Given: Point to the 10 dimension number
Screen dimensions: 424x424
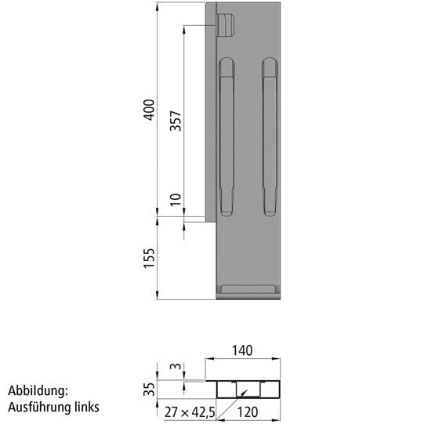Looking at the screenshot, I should (x=176, y=200).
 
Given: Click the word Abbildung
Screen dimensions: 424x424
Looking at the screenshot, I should (x=38, y=390).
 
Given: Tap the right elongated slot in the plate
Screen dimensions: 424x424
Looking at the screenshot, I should (x=270, y=137).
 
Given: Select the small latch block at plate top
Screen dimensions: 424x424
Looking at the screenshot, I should (x=226, y=24).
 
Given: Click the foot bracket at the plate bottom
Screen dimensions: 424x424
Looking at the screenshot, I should (x=248, y=291).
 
